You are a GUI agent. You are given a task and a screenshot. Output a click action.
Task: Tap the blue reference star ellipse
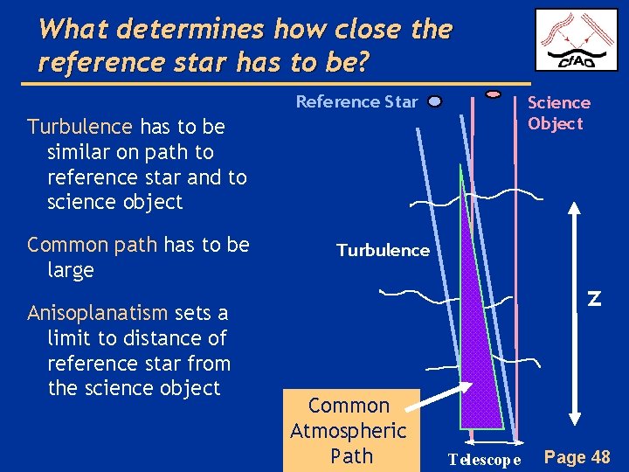pos(435,101)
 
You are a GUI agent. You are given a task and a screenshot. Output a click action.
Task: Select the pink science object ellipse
pos(494,93)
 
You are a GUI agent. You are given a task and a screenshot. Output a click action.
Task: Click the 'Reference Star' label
pos(356,101)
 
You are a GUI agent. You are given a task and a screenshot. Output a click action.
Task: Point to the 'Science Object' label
pos(558,113)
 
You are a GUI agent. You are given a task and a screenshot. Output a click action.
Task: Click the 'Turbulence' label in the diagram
pos(383,250)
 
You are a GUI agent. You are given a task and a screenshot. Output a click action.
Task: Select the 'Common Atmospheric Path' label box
pos(349,430)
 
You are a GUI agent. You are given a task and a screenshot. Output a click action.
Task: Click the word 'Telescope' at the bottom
pos(484,459)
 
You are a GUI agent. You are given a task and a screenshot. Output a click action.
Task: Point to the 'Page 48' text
pos(577,456)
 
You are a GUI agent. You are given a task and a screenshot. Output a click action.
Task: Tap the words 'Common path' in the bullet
pos(79,245)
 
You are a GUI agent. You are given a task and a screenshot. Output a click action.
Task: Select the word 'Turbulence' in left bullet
pos(79,127)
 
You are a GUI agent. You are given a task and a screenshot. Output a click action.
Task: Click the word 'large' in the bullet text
pos(71,270)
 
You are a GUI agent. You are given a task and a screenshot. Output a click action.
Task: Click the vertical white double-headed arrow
pos(574,315)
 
